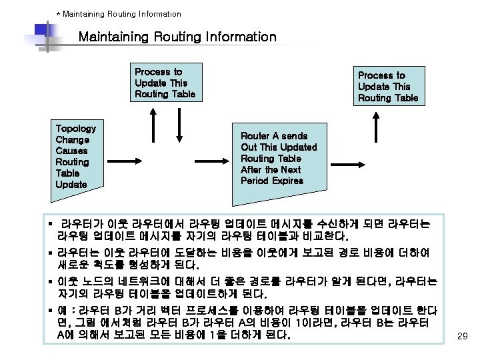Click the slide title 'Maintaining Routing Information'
(x=177, y=37)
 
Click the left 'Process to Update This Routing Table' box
(x=165, y=83)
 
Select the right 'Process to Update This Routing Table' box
(x=388, y=87)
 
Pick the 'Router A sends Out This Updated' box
(x=279, y=159)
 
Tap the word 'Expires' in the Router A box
(x=287, y=181)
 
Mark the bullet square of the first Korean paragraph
(x=52, y=223)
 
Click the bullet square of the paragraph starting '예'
(x=51, y=310)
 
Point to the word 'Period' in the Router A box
(x=255, y=181)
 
